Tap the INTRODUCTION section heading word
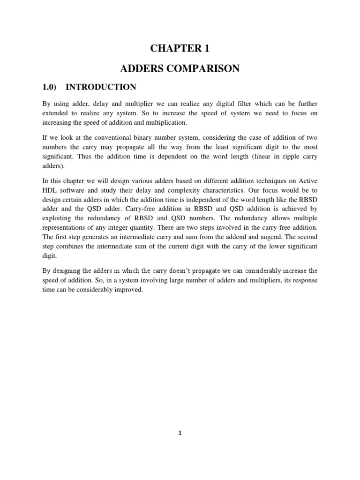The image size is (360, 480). (x=101, y=87)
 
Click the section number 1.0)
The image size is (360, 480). (x=51, y=87)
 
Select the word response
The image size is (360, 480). (x=305, y=280)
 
